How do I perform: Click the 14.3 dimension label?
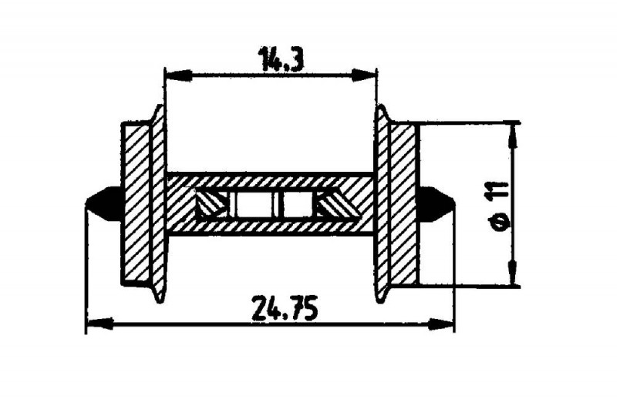pyautogui.click(x=281, y=59)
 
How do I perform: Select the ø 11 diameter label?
pyautogui.click(x=501, y=206)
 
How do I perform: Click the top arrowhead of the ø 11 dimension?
pyautogui.click(x=513, y=136)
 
